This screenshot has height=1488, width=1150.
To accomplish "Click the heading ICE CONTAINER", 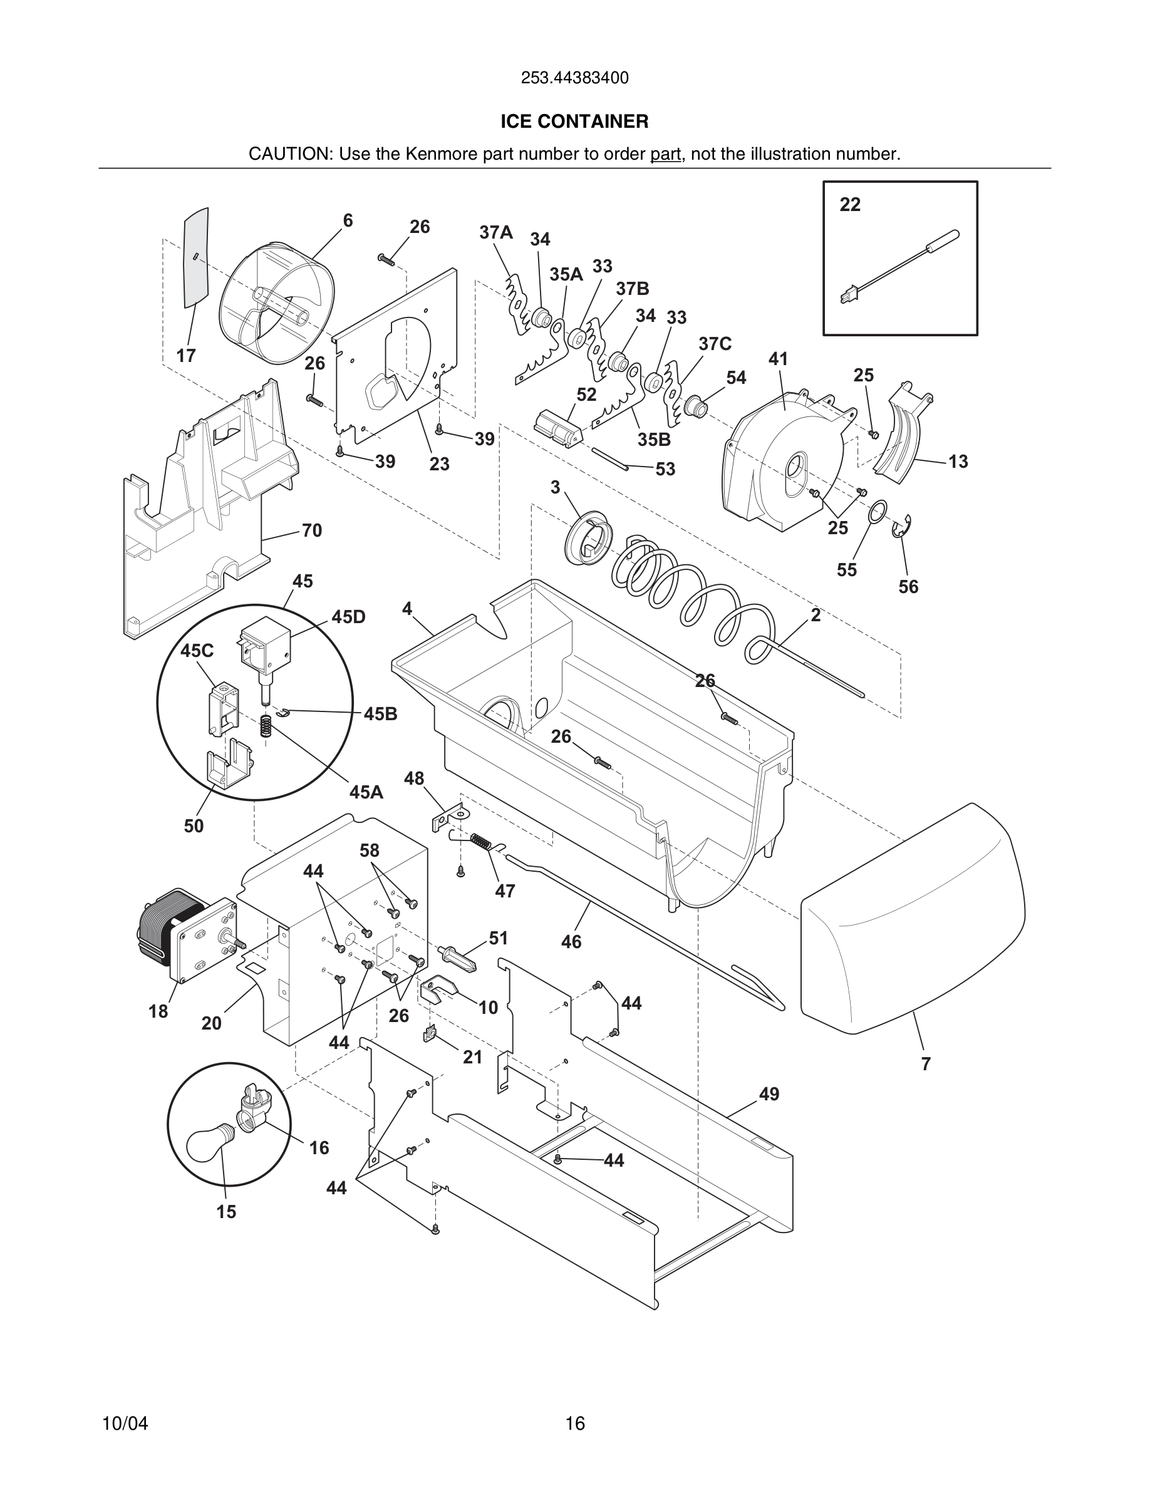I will pyautogui.click(x=574, y=121).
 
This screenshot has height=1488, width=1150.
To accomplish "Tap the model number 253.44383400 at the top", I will pyautogui.click(x=574, y=78).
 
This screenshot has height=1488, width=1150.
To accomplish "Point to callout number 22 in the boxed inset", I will pyautogui.click(x=849, y=204).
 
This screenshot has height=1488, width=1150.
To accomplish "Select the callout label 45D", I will pyautogui.click(x=348, y=617).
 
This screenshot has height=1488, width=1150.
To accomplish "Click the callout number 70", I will pyautogui.click(x=311, y=530).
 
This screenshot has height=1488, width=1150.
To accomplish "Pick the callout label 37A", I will pyautogui.click(x=495, y=232).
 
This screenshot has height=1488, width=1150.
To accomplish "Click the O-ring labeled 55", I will pyautogui.click(x=878, y=512).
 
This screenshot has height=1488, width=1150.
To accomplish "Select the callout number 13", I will pyautogui.click(x=957, y=462).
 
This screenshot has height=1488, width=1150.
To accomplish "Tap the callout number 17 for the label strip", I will pyautogui.click(x=185, y=356).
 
